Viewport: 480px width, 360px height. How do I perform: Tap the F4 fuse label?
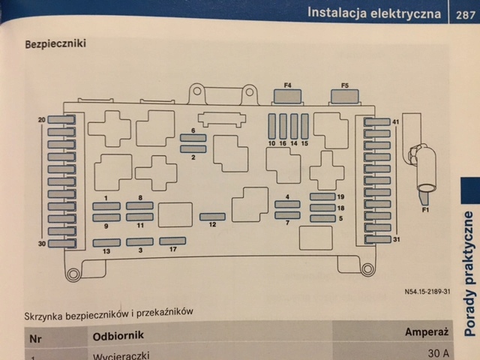click(287, 86)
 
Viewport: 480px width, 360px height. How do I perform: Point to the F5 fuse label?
click(344, 86)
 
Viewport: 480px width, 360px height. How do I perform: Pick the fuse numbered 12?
click(212, 217)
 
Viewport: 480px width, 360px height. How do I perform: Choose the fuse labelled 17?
click(173, 241)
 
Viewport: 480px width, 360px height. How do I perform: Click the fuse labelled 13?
click(107, 242)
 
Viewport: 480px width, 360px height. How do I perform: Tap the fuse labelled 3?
click(140, 242)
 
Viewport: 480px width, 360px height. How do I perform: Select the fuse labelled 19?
click(323, 196)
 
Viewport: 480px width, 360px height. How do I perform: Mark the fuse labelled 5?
click(323, 218)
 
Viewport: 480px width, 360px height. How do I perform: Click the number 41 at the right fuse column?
click(396, 121)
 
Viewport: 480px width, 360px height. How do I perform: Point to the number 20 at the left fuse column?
click(40, 120)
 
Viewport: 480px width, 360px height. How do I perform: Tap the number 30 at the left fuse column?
click(40, 244)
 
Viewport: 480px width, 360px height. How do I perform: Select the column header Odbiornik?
click(118, 335)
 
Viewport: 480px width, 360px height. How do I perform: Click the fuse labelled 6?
click(193, 139)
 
